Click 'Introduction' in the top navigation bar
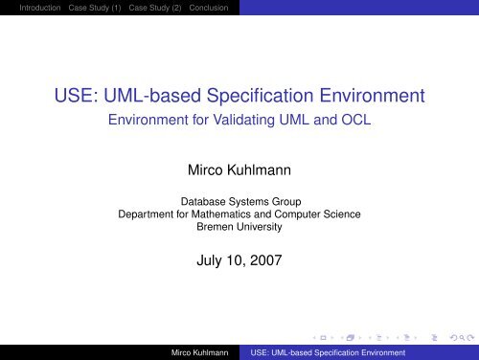[x=27, y=8]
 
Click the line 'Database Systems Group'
[x=239, y=202]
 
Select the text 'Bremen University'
[x=239, y=227]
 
